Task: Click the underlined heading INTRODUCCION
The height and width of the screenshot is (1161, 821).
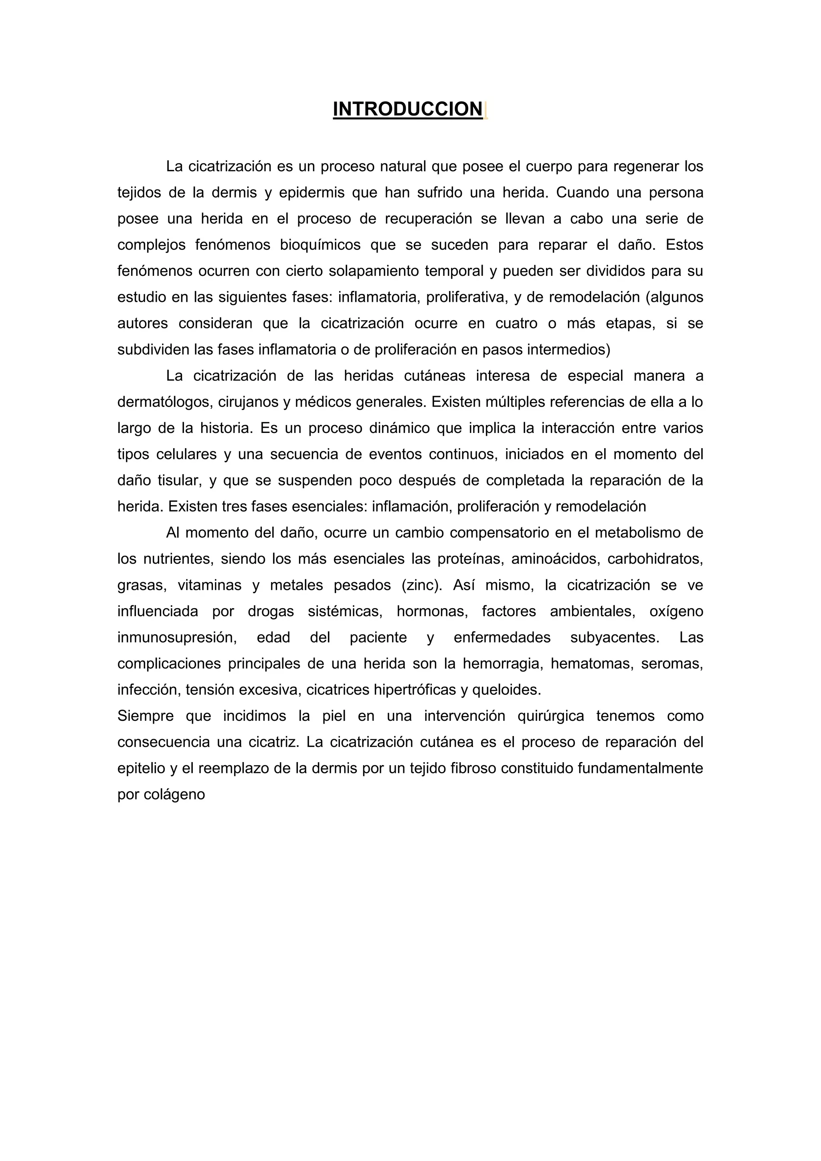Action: point(407,109)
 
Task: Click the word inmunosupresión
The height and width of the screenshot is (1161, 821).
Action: point(177,637)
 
